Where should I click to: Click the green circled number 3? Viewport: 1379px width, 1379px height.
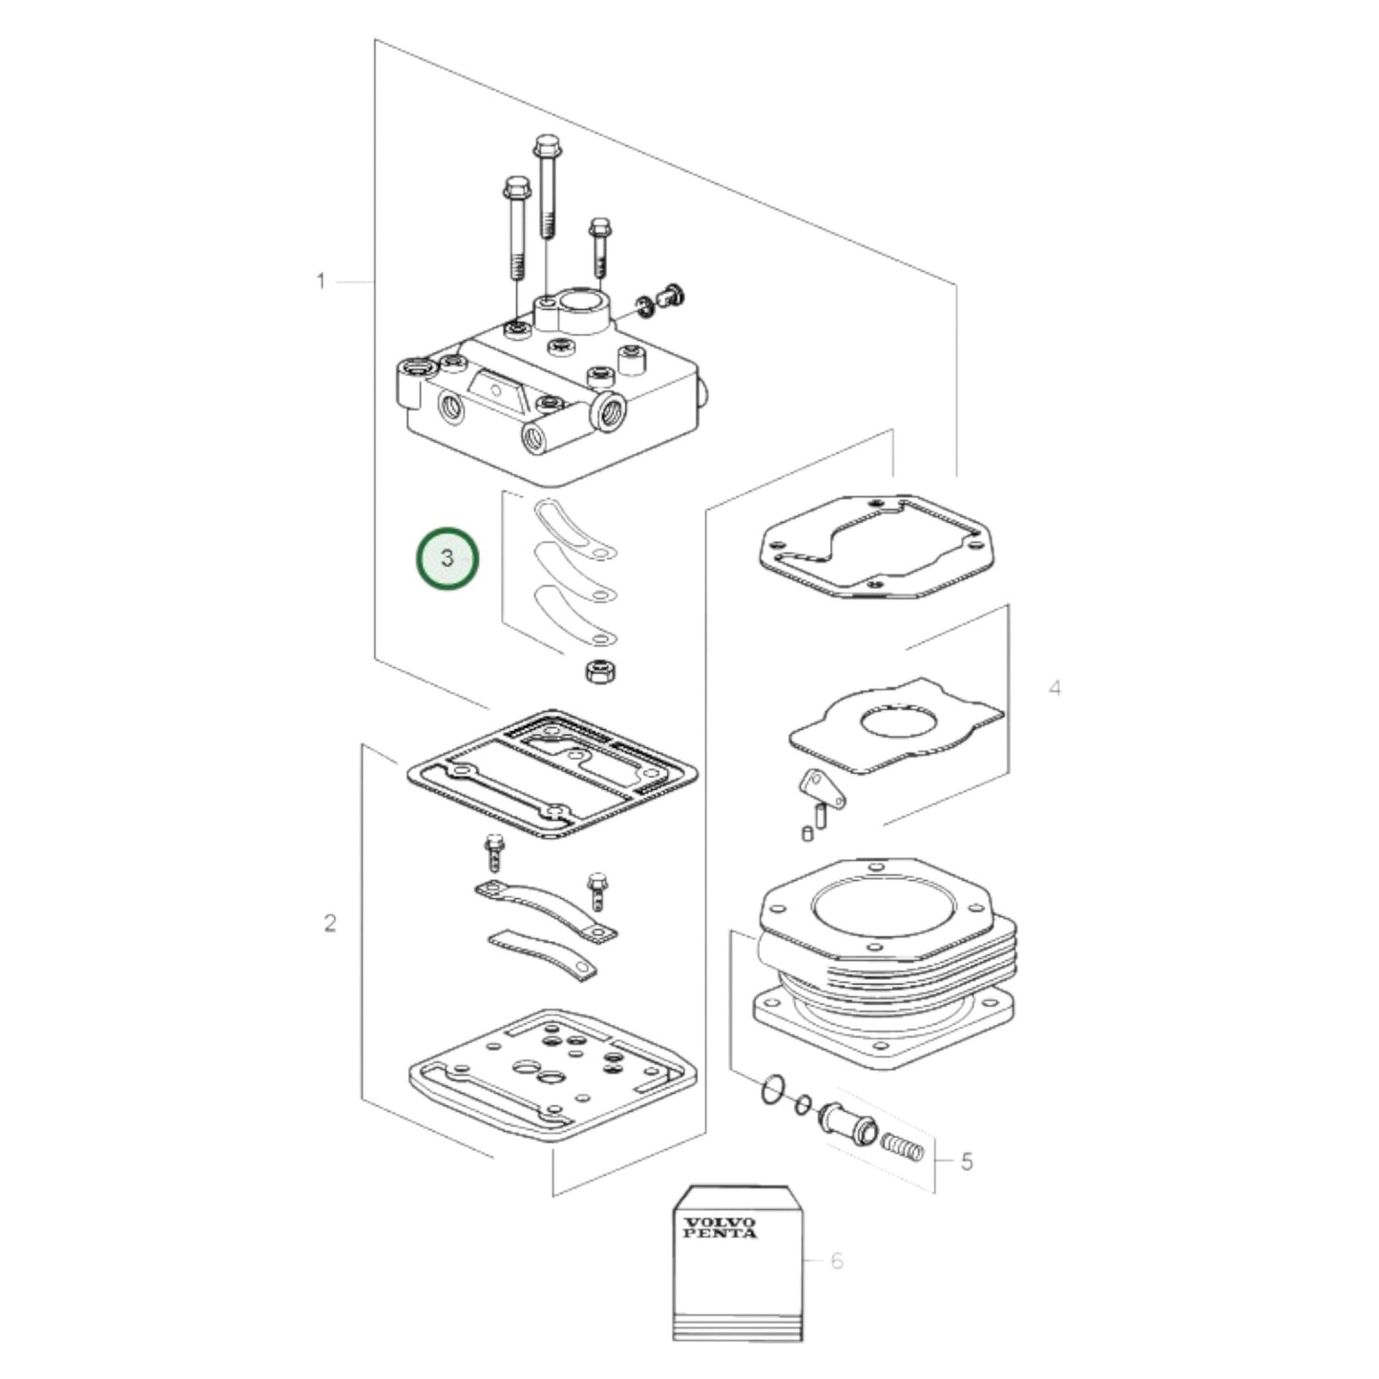[x=447, y=558]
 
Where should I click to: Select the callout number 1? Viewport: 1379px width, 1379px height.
[x=322, y=282]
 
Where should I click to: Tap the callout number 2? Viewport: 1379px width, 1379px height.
[x=330, y=924]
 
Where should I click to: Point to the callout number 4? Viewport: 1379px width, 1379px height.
[x=1055, y=688]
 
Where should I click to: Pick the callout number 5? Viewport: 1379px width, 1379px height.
[x=967, y=1161]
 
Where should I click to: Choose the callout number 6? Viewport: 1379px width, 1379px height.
[x=837, y=1261]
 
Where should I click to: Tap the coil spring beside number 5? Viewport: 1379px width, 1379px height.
[x=902, y=1145]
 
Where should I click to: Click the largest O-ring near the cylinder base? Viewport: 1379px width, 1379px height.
[x=774, y=1090]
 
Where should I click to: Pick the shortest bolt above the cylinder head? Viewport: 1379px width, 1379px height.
[x=599, y=245]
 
